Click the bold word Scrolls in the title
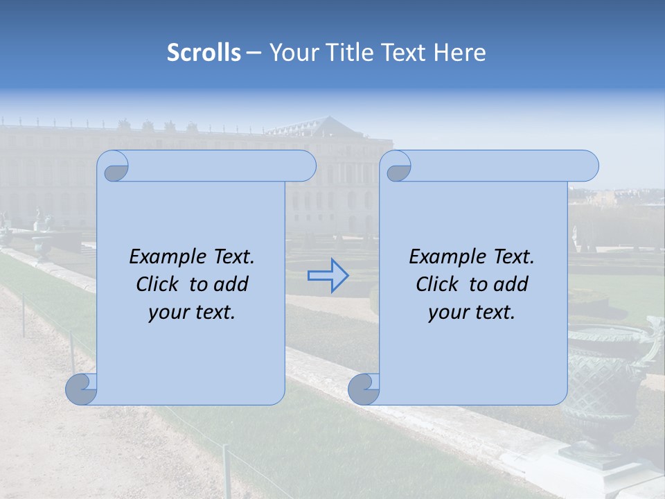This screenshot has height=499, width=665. click(x=204, y=53)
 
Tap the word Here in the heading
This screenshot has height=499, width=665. click(x=460, y=53)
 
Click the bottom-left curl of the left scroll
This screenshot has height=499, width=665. click(x=81, y=389)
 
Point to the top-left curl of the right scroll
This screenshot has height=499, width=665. click(x=397, y=167)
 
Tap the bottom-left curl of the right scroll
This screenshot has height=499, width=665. click(x=363, y=389)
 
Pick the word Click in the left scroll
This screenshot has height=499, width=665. click(x=158, y=284)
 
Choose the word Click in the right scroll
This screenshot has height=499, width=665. click(x=437, y=284)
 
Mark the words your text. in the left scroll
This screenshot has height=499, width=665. click(x=192, y=313)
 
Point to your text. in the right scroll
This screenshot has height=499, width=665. click(x=472, y=313)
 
